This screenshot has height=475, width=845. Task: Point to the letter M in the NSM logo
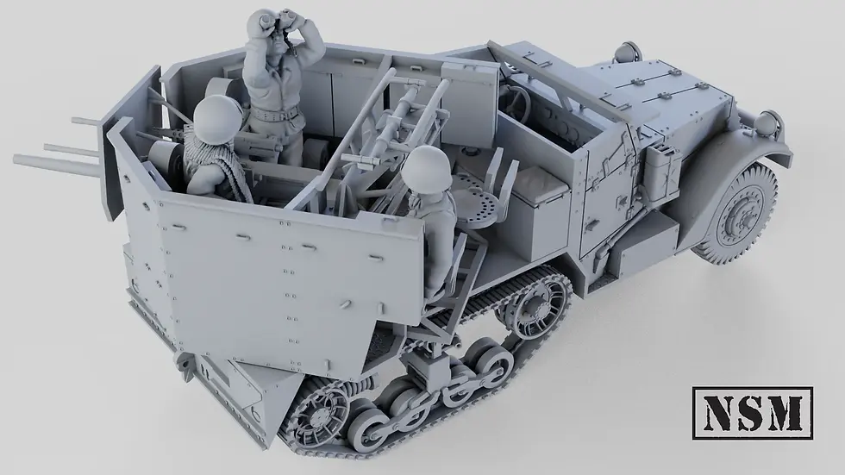click(x=788, y=410)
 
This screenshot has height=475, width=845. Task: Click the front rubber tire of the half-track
click(x=736, y=211)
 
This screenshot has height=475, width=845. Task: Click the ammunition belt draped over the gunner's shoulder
click(x=227, y=166)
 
